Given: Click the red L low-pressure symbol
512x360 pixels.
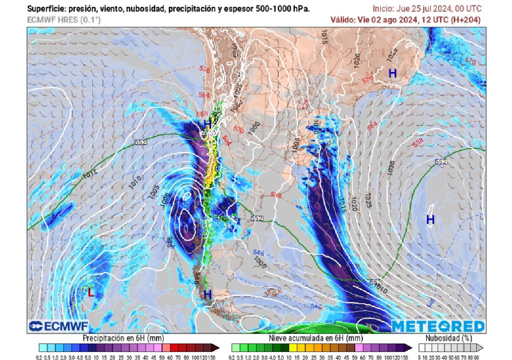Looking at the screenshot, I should pos(90,292).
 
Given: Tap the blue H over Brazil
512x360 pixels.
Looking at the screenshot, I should pos(392,73).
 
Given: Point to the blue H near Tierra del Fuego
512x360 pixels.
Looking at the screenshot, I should pos(207,294).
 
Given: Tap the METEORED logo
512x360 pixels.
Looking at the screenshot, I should pos(438,326).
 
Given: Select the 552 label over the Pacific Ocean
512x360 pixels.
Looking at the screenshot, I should pos(140,142).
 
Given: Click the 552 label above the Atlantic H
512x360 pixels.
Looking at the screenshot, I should pos(440,161).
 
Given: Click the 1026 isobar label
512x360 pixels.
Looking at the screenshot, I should pos(356,60).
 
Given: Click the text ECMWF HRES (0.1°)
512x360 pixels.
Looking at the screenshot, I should pos(63,19).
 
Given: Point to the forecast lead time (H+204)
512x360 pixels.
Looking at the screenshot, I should pos(466,19).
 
